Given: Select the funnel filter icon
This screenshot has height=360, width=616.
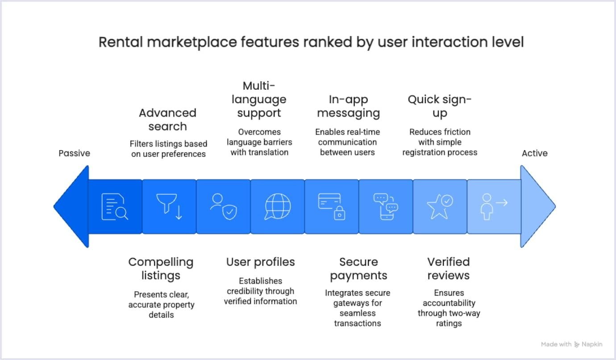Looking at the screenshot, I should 170,207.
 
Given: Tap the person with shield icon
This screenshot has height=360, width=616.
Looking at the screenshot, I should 223,207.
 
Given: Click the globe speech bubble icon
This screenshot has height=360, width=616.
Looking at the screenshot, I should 278,207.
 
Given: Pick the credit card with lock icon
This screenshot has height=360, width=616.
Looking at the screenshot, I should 332,207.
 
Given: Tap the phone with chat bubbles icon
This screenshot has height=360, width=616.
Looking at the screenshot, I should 386,207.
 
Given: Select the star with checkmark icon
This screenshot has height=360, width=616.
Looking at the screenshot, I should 440,207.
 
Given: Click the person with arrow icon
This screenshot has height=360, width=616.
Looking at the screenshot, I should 494,207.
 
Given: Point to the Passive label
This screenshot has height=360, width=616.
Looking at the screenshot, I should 74,153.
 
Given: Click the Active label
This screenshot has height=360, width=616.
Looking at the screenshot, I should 535,153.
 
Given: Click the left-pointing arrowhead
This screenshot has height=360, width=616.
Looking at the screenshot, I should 71,207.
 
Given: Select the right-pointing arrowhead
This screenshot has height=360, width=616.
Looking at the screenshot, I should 537,207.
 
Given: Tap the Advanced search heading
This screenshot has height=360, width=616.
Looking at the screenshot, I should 167,119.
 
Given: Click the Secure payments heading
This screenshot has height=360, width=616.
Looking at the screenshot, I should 358,268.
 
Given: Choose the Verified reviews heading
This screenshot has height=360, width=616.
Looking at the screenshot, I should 449,268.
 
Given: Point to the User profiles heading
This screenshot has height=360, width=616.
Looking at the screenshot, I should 261,262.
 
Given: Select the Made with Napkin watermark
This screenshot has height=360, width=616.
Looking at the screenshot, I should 571,344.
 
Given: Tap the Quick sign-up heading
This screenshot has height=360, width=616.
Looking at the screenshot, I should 440,106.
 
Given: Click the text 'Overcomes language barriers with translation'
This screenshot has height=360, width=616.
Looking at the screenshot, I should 259,142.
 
